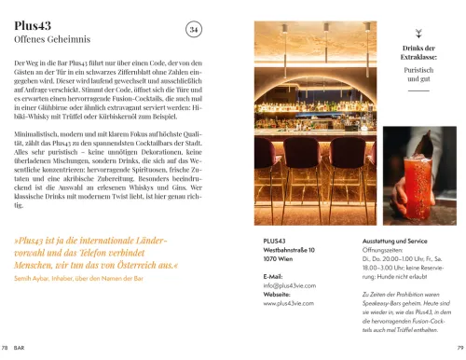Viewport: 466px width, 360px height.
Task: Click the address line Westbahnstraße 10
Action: tap(289, 250)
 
